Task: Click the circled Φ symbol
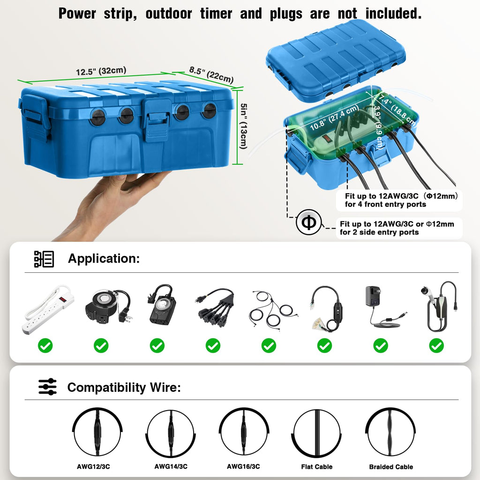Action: [308, 223]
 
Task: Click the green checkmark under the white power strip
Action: [45, 346]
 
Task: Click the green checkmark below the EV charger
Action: [436, 346]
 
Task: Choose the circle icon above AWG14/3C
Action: [170, 433]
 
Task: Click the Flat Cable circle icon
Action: [317, 433]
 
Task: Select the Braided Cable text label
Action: [390, 467]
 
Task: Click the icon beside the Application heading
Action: [44, 259]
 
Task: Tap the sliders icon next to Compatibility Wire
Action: [47, 387]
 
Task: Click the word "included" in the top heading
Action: [393, 14]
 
